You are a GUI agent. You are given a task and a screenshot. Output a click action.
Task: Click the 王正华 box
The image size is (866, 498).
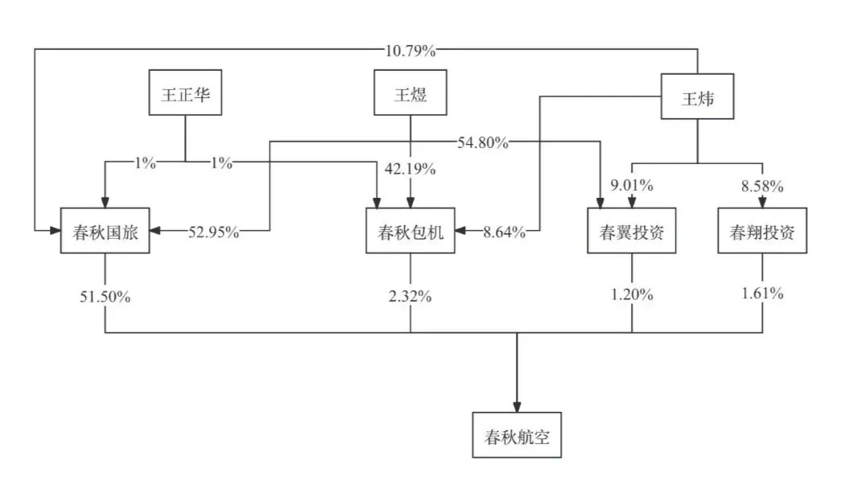click(x=186, y=93)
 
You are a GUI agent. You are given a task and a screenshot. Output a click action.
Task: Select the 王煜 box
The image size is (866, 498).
click(x=410, y=93)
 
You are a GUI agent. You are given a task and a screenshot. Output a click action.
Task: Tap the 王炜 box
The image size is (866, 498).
click(x=698, y=97)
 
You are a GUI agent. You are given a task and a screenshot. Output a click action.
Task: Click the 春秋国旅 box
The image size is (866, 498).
click(x=105, y=231)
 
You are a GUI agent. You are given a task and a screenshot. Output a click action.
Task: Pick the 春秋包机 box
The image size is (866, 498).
click(x=410, y=231)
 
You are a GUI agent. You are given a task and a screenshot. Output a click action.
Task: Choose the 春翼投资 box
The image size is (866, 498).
click(x=632, y=231)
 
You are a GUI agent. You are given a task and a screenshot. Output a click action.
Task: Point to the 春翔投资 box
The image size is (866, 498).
click(x=762, y=231)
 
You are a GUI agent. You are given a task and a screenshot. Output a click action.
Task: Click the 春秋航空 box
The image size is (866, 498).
click(x=517, y=435)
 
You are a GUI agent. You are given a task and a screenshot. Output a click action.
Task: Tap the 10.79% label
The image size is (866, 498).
click(x=410, y=51)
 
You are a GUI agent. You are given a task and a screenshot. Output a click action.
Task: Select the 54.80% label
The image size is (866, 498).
click(x=483, y=142)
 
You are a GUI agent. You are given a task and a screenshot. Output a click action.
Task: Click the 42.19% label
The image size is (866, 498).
click(x=410, y=168)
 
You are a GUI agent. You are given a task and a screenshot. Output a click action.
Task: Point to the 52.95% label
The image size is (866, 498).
click(x=214, y=232)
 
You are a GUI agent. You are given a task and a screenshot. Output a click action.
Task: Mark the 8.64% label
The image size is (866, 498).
click(x=505, y=232)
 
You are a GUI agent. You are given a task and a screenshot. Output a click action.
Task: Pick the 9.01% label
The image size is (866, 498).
click(x=632, y=185)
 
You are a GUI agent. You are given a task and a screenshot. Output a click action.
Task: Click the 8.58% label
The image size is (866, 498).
click(x=762, y=186)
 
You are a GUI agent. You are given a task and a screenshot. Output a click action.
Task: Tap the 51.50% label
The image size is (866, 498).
click(x=105, y=297)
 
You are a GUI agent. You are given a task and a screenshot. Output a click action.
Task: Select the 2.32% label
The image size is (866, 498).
click(x=410, y=297)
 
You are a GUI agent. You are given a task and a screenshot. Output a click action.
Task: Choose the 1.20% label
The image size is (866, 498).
click(x=632, y=294)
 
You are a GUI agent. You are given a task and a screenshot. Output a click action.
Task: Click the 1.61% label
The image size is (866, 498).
click(x=762, y=293)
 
